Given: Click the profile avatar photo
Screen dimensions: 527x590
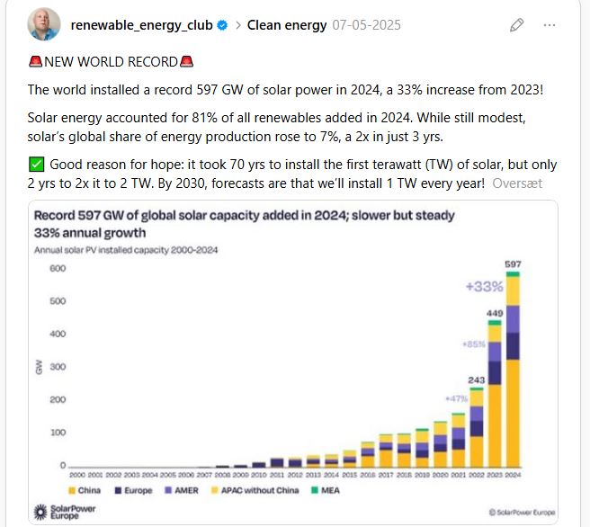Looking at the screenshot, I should pyautogui.click(x=43, y=25).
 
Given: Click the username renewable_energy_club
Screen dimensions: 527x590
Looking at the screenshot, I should pyautogui.click(x=141, y=25).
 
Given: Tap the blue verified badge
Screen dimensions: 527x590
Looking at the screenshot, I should pyautogui.click(x=222, y=25).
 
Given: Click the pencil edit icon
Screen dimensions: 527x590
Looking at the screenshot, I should pyautogui.click(x=516, y=25).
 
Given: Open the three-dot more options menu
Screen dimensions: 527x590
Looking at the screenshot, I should pyautogui.click(x=550, y=25).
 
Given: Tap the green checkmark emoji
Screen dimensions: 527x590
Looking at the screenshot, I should pyautogui.click(x=36, y=165).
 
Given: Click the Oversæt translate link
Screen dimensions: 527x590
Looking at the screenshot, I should pyautogui.click(x=517, y=183).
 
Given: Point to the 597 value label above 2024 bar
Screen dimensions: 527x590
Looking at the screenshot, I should pyautogui.click(x=513, y=264).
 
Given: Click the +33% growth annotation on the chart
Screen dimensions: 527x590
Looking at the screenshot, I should pyautogui.click(x=483, y=287).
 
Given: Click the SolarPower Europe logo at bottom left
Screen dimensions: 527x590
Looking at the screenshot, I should pyautogui.click(x=64, y=511).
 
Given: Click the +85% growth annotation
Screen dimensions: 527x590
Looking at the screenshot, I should pyautogui.click(x=475, y=344).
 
